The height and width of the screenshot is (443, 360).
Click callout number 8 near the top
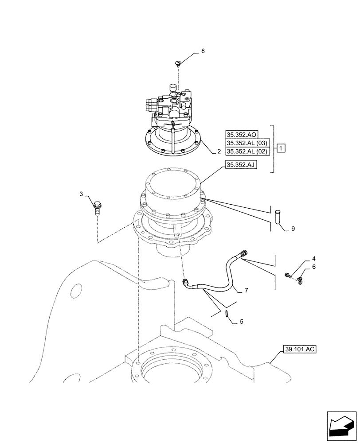pos(203,51)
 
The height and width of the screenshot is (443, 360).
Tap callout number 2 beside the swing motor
pos(219,151)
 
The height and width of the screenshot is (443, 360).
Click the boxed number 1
pos(282,147)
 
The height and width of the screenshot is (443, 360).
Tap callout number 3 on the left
pos(82,194)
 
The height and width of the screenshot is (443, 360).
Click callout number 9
pos(293,229)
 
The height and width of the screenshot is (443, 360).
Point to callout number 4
pos(301,258)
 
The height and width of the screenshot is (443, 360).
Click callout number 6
pos(301,267)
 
